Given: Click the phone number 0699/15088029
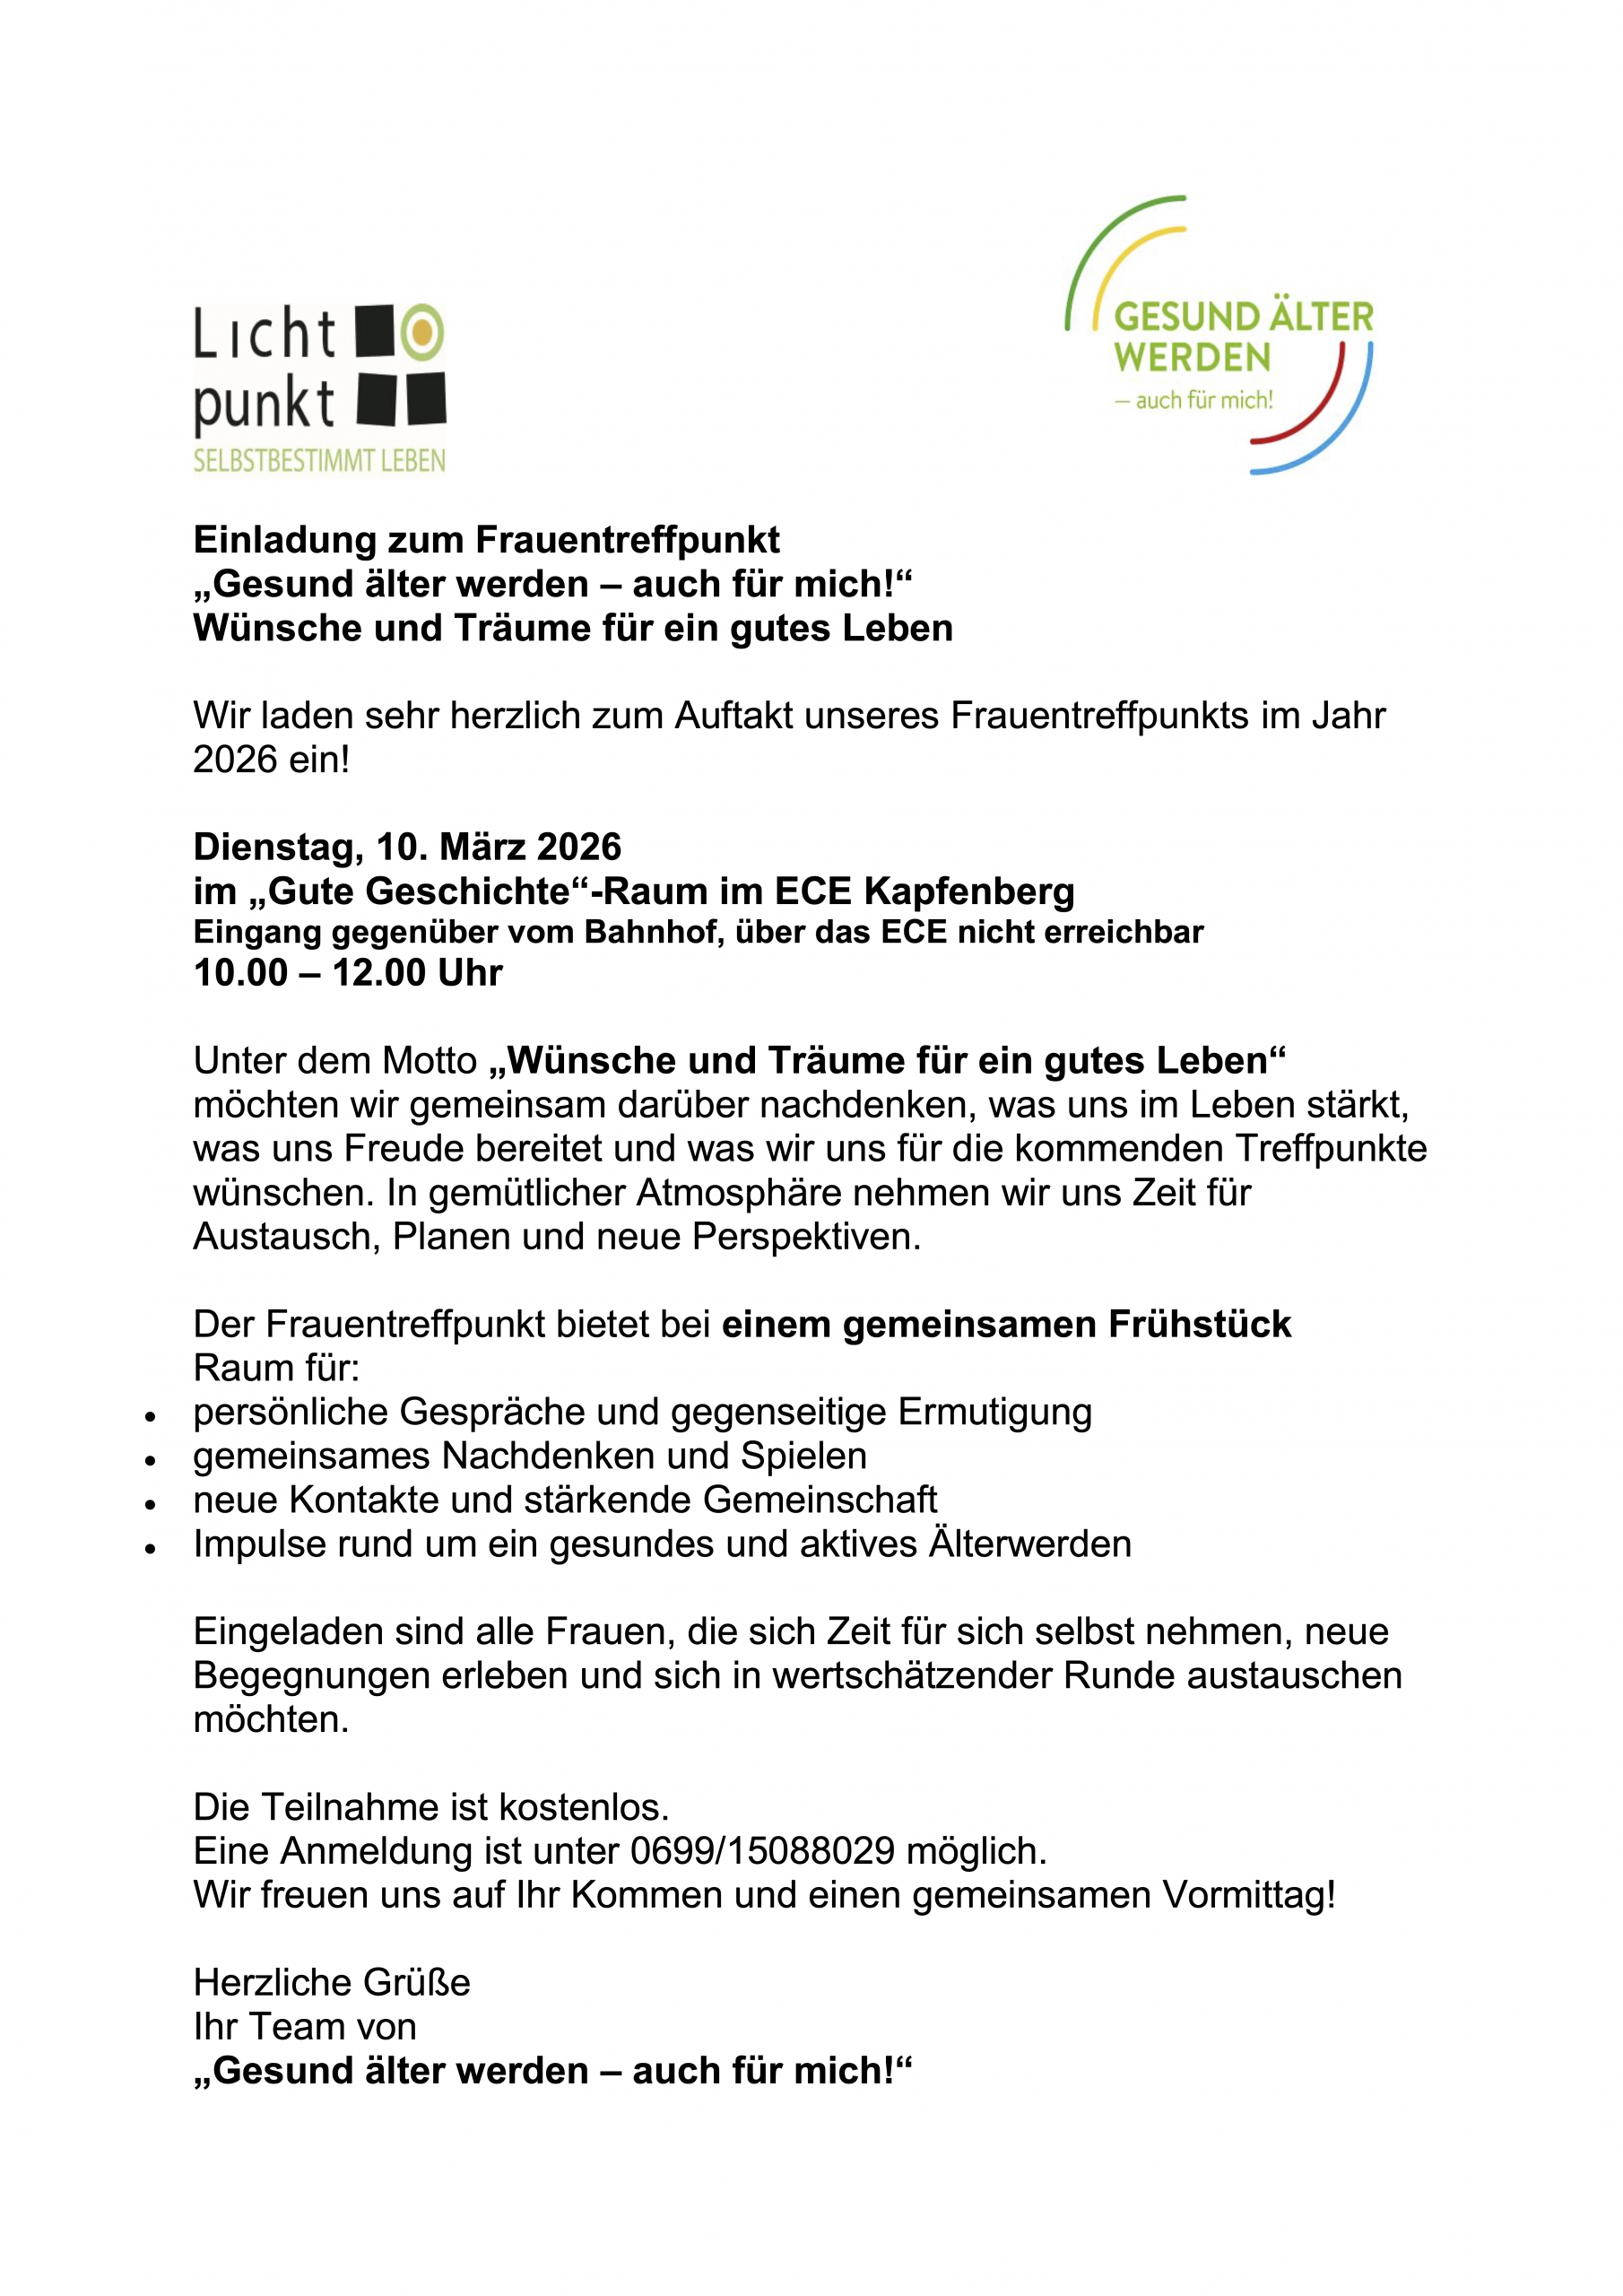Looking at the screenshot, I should click(762, 1851).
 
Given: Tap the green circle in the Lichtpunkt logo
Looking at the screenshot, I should click(422, 331).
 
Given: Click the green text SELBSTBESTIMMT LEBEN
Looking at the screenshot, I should click(319, 461).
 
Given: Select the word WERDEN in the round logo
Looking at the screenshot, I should click(1192, 358).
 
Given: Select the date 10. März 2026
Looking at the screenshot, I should click(498, 847).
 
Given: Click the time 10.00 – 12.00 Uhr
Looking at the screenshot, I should click(348, 973).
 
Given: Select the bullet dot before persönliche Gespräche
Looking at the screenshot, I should click(150, 1417).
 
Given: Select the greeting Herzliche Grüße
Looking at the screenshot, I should click(332, 1983).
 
